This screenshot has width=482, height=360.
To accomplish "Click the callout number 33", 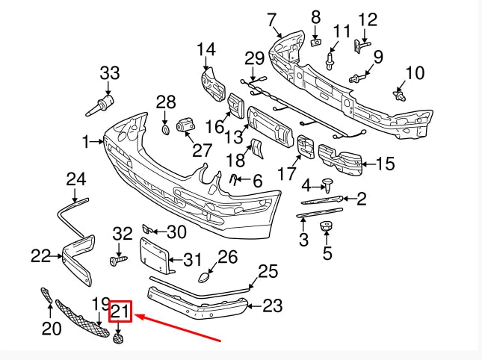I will pos(110,73).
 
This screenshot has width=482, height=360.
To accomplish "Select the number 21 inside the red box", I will pos(120,311).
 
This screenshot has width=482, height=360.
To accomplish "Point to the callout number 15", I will pos(385,164).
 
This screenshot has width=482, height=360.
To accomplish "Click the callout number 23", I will pos(273,305).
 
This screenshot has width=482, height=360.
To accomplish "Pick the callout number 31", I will pos(193,260).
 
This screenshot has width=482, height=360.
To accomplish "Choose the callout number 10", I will pos(414,72).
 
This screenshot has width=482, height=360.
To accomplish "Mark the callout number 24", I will pos(76,179).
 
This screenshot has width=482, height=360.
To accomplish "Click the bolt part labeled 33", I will pos(100,104).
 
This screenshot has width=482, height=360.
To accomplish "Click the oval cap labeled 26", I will pos(203,278).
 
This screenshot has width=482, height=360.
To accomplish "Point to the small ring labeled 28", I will pos(165,131).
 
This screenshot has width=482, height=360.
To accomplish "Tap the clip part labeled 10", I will pos(401,96).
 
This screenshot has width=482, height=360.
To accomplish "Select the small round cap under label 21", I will pos(118,338).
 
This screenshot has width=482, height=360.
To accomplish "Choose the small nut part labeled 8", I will pos(315,43).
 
